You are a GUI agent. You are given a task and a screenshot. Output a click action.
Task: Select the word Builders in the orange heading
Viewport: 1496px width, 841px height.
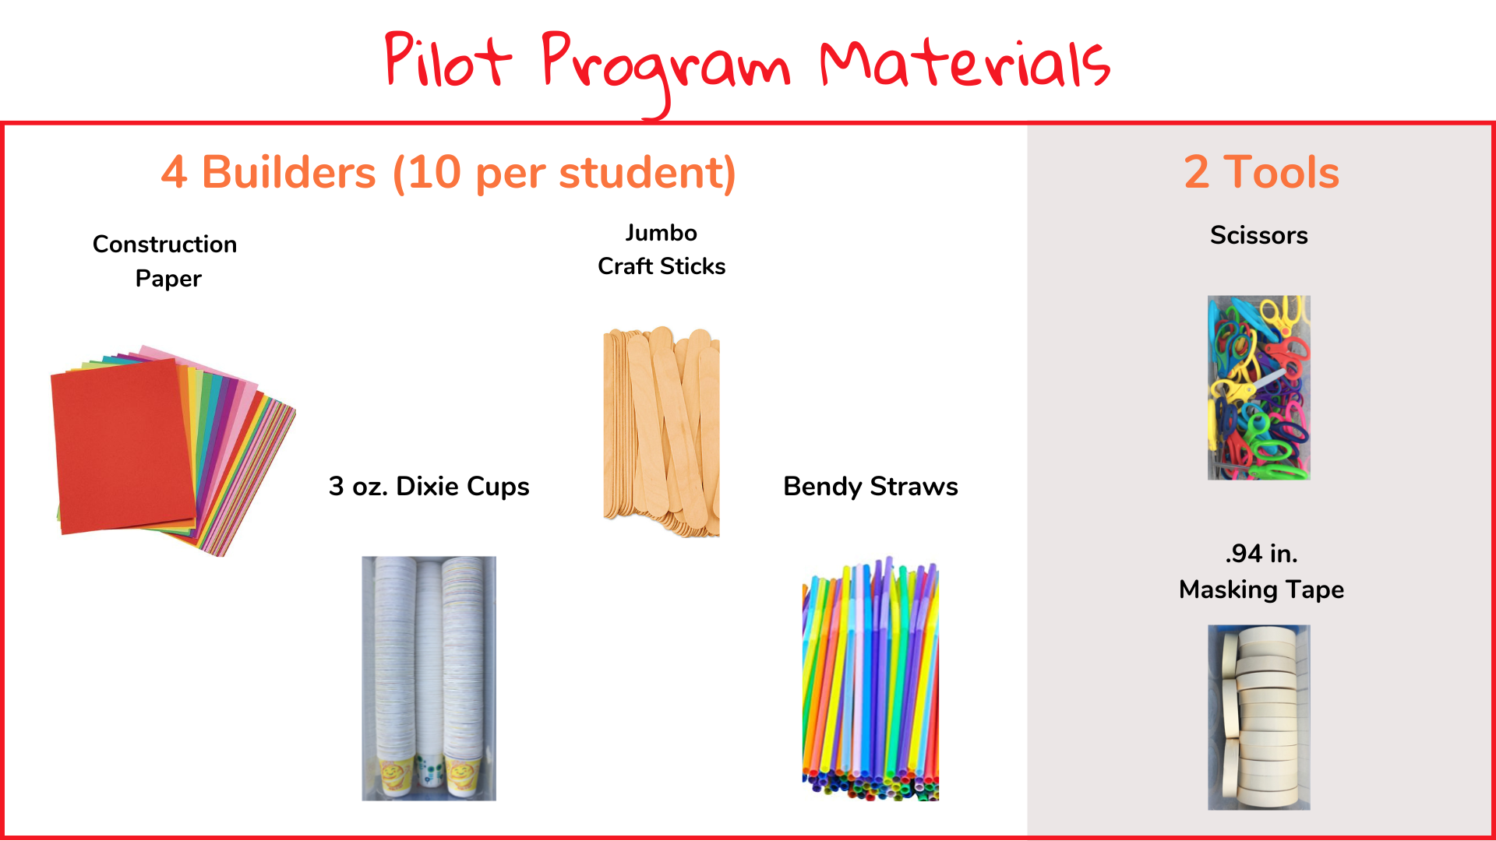[x=289, y=172]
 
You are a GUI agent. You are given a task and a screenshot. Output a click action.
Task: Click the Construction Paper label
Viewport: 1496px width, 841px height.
[x=164, y=261]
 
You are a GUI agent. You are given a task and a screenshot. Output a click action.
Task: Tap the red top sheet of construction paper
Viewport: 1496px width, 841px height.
[x=123, y=446]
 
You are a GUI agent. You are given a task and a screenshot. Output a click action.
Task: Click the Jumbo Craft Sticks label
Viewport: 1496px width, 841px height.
[x=662, y=249]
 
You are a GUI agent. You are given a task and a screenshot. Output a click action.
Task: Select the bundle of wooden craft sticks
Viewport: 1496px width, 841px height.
[x=662, y=431]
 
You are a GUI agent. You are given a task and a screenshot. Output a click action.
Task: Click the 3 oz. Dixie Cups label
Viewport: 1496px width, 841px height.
[x=429, y=486]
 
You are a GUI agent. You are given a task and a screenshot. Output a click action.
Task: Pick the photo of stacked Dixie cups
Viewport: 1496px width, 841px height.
[x=429, y=678]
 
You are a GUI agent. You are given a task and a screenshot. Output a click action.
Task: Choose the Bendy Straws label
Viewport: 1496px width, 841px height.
[x=870, y=487]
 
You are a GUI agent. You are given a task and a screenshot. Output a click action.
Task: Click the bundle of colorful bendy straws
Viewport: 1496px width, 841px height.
[x=870, y=678]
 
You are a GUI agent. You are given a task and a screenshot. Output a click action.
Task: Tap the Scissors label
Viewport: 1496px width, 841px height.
[x=1259, y=235]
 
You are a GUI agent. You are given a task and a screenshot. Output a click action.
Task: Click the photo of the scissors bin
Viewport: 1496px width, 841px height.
[x=1259, y=387]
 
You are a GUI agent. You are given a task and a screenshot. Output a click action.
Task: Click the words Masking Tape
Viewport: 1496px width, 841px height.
[x=1261, y=589]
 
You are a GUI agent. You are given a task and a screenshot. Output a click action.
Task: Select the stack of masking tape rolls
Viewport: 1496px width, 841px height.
[x=1259, y=717]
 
